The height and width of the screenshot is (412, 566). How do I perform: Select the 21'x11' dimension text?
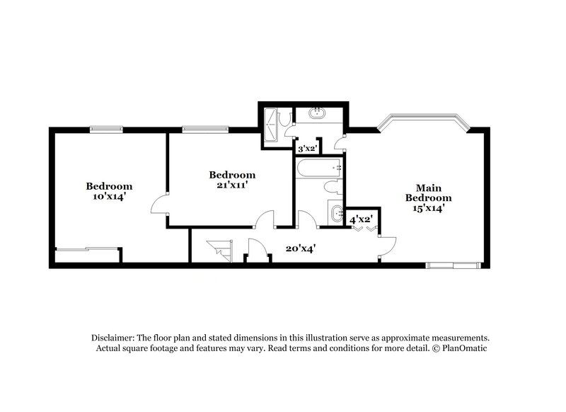(232, 185)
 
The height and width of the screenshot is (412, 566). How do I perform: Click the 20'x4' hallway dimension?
(300, 248)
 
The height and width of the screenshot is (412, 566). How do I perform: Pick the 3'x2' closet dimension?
(306, 149)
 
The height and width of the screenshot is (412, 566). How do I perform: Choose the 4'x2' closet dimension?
(362, 220)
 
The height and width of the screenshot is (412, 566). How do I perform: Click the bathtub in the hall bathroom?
(319, 168)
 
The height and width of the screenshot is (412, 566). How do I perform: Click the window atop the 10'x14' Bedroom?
(106, 129)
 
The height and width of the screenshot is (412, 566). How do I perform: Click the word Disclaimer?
(113, 338)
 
